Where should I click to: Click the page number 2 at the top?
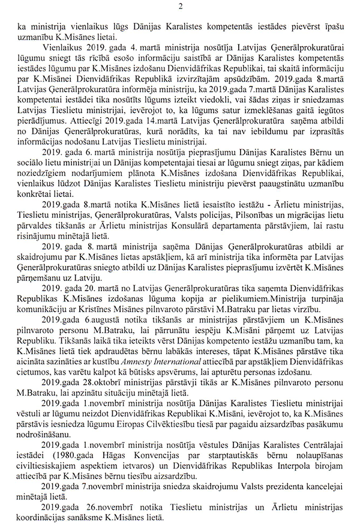coord(180,7)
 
